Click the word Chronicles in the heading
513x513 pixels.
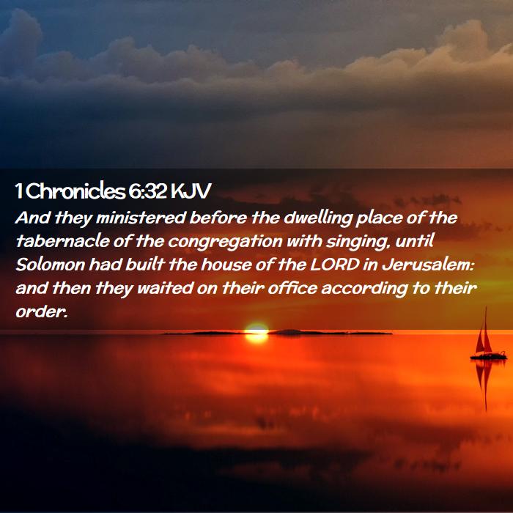pos(75,191)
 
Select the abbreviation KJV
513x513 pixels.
pos(191,191)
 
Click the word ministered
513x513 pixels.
pos(141,218)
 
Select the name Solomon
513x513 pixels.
pos(51,265)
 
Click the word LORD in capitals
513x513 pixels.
pos(334,265)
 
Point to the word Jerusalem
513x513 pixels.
pos(427,265)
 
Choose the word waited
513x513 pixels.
pos(165,288)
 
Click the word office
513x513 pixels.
pos(292,288)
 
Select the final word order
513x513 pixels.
pos(41,311)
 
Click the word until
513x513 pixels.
pos(415,241)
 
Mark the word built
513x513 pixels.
pos(144,265)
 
